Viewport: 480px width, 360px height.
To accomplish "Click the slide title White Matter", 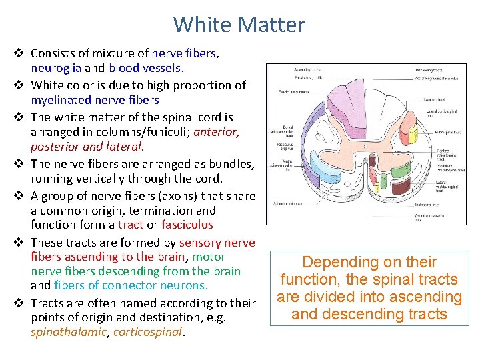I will (x=239, y=25).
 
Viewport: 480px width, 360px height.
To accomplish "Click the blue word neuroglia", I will (x=57, y=67).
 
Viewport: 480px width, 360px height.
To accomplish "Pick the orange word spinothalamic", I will (x=68, y=331).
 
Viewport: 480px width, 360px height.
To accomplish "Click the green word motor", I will (x=209, y=257).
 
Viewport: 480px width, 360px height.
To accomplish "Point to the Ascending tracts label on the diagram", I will (x=305, y=69).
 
